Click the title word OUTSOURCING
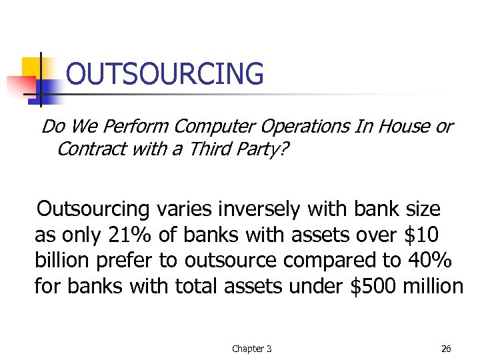tap(165, 74)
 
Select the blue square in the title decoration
tap(48, 93)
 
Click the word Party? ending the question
tap(263, 149)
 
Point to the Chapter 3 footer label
tap(251, 349)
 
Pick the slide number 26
tap(445, 349)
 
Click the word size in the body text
tap(423, 210)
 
